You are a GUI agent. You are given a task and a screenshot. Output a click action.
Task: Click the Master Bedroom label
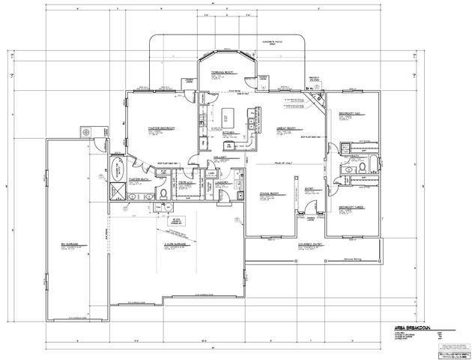pos(161,128)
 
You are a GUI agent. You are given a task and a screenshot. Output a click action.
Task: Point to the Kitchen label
pos(230,133)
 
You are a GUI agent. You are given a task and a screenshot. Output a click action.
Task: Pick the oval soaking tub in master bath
pos(117,166)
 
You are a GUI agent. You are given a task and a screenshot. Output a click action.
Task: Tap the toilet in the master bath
pos(145,196)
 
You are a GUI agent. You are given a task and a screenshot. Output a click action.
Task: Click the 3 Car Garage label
pos(175,244)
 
